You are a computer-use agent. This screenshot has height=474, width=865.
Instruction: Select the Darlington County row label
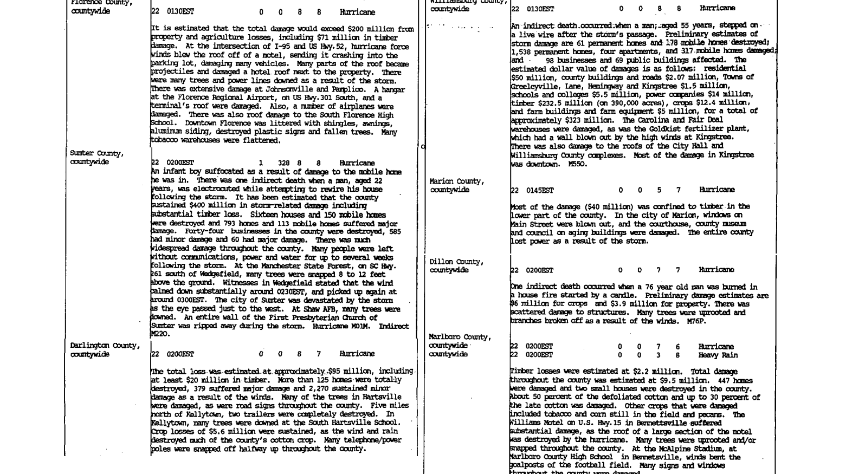click(105, 346)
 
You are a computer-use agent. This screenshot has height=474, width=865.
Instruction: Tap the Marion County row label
click(456, 181)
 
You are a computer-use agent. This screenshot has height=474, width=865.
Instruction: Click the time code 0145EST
click(539, 191)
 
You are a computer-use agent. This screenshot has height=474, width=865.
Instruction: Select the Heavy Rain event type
click(718, 355)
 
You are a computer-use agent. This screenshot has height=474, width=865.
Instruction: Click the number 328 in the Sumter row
click(283, 163)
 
